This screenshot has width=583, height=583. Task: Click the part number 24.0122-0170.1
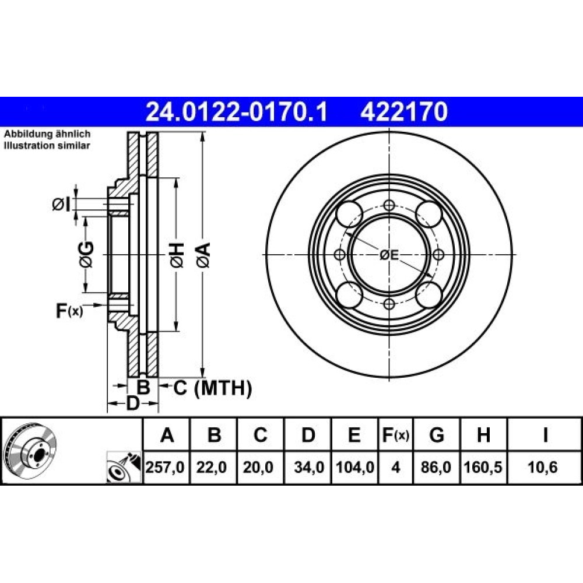pos(237,112)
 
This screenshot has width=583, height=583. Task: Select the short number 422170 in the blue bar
pos(404,112)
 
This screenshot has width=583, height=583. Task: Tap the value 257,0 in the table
pos(165,468)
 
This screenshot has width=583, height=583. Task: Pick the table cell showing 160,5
pos(483,468)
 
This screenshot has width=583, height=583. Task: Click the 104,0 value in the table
pos(354,468)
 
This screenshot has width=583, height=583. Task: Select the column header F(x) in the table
pos(396,435)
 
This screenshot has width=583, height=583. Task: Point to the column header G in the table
pos(437,435)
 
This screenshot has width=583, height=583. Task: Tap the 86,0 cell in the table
pos(436,468)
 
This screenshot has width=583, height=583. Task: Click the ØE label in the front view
pos(389,255)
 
